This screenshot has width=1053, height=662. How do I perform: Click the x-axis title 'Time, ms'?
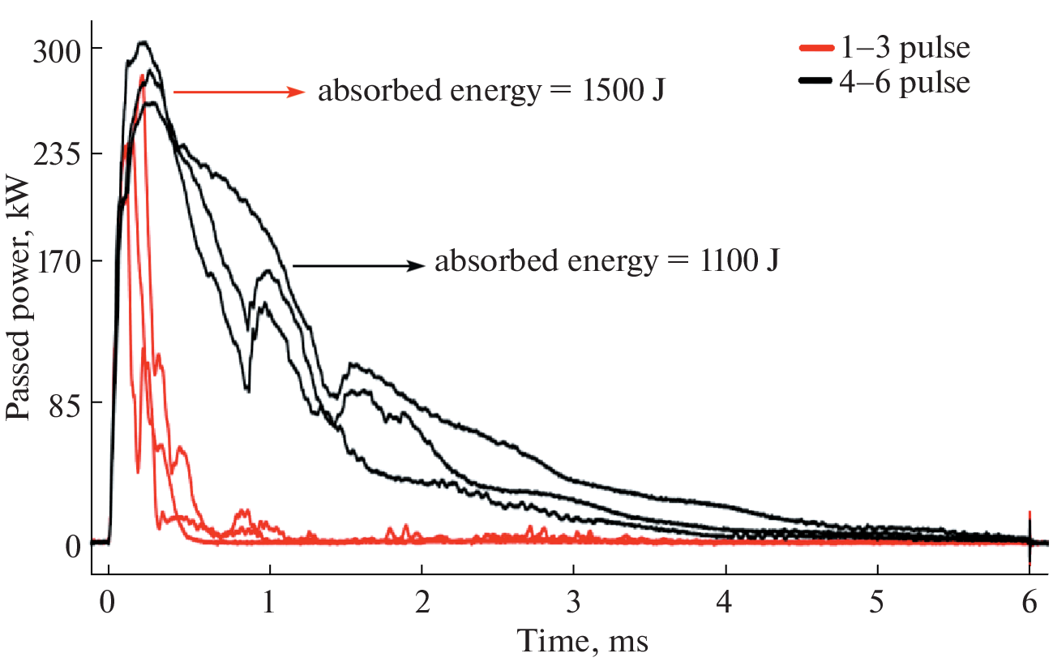(x=584, y=642)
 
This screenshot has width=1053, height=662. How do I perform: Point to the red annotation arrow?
(x=239, y=92)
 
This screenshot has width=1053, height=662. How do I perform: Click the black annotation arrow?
(x=358, y=265)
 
